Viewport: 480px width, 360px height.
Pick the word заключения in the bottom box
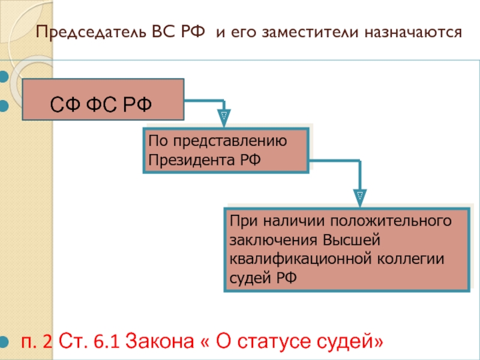click(274, 241)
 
